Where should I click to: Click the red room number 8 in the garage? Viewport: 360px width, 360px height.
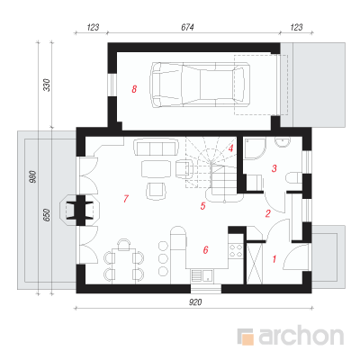[134, 89]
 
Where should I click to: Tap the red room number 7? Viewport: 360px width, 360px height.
[126, 199]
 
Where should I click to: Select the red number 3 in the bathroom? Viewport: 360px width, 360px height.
[274, 168]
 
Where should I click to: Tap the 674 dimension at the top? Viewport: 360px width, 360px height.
[187, 27]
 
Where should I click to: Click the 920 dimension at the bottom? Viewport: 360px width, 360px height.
[195, 302]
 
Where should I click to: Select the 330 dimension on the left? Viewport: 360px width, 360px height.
[48, 85]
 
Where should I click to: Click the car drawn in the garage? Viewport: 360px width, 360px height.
[202, 85]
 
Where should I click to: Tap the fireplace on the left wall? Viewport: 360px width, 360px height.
[80, 210]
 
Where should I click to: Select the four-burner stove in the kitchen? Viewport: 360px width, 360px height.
[236, 251]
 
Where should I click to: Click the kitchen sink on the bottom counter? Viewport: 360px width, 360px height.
[202, 275]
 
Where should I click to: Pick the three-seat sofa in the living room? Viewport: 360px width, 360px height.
[155, 147]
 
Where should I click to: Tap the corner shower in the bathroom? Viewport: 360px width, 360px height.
[255, 148]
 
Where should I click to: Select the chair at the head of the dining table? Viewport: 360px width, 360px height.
[123, 244]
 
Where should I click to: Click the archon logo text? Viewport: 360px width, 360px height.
[301, 337]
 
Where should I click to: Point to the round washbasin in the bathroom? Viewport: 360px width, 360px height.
[283, 142]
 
